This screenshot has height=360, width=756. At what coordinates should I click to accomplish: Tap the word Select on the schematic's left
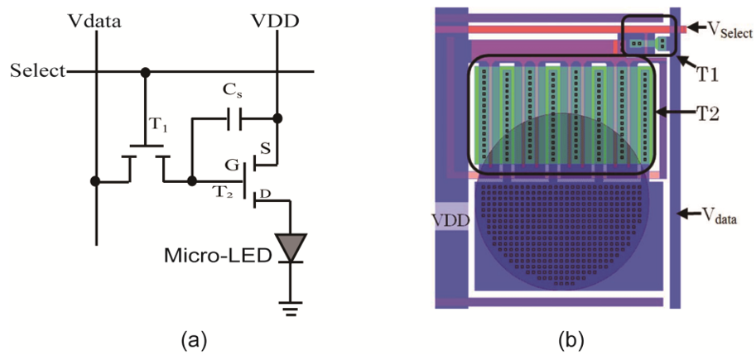[x=37, y=70]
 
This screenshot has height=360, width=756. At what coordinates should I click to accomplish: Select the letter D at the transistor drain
[x=265, y=194]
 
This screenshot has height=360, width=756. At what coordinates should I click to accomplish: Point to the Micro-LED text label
[x=230, y=256]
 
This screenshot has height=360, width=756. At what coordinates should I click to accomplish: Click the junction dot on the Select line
[x=146, y=71]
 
